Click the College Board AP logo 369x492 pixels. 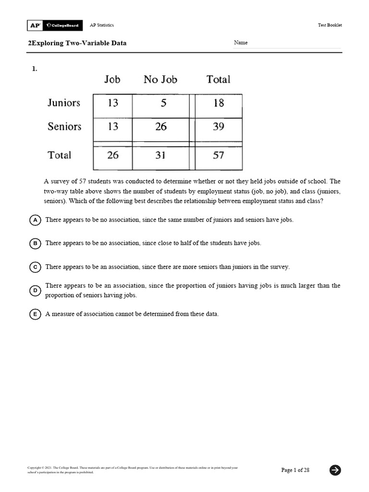55,25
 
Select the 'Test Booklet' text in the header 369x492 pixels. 330,25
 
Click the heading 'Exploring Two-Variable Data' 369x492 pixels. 77,43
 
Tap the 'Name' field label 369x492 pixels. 241,43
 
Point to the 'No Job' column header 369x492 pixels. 160,80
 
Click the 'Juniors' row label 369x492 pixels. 64,103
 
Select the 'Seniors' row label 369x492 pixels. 64,127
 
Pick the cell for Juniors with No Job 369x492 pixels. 160,103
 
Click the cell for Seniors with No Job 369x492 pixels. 160,127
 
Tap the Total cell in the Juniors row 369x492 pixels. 218,103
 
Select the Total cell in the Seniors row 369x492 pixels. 218,127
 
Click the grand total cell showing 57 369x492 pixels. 218,156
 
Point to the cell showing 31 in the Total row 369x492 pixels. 160,156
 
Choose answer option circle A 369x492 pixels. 35,220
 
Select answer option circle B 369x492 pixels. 35,244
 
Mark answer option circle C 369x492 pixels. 35,267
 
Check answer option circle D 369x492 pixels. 35,291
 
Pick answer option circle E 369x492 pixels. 35,314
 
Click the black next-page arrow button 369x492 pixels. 335,470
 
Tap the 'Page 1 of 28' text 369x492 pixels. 295,470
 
